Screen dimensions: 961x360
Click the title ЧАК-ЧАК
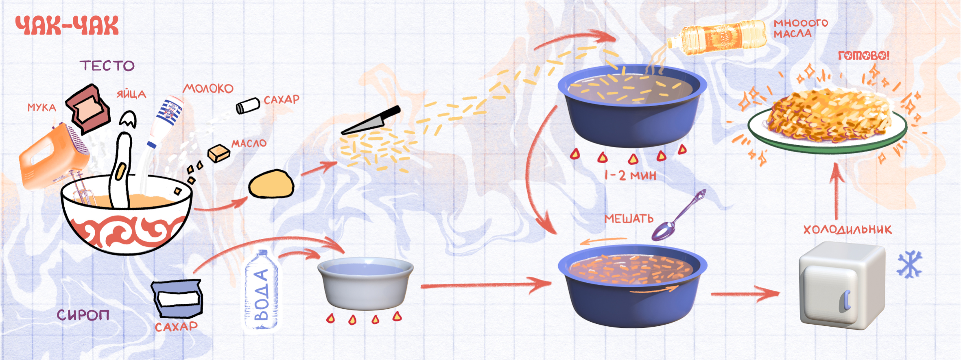[67, 26]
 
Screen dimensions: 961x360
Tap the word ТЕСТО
[107, 65]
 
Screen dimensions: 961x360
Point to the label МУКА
[42, 107]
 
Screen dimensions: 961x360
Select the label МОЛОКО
[208, 88]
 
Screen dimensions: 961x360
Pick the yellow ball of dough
[271, 184]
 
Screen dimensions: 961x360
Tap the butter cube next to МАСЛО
[218, 153]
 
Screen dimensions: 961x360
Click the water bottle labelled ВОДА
[261, 291]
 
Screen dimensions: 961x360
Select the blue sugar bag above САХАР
[177, 298]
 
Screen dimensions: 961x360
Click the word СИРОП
[83, 314]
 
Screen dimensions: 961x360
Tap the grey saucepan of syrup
[365, 283]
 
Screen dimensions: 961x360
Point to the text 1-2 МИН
[630, 175]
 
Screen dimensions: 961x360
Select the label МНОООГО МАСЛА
[800, 28]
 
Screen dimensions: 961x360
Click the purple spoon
[677, 216]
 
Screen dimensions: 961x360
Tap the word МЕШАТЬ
[629, 219]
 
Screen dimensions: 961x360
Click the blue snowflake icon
[910, 264]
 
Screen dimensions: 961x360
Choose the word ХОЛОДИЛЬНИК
[847, 229]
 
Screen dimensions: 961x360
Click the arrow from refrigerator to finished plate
[837, 191]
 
